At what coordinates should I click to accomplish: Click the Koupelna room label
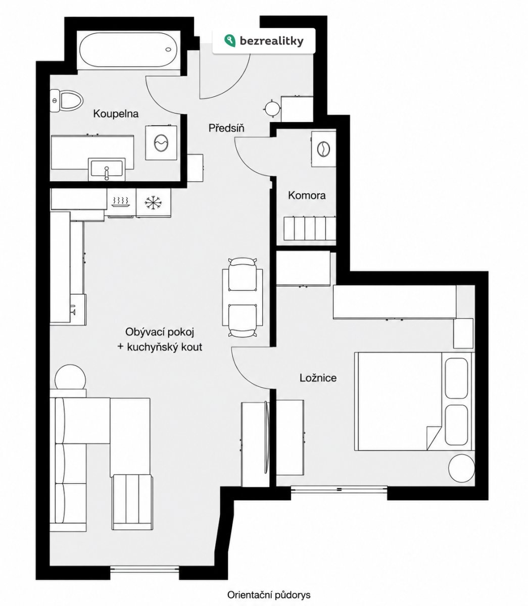(x=116, y=114)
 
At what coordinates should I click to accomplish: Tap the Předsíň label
(x=226, y=128)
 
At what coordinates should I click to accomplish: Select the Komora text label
(x=307, y=195)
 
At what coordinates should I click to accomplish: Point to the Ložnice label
(x=318, y=378)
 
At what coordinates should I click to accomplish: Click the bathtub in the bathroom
(x=128, y=50)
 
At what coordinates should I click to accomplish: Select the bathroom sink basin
(x=107, y=169)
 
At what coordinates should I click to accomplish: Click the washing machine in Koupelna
(x=162, y=142)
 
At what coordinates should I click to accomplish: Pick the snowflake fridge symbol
(x=154, y=203)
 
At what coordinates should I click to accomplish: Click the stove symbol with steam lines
(x=121, y=201)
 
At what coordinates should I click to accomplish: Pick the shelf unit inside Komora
(x=310, y=228)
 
